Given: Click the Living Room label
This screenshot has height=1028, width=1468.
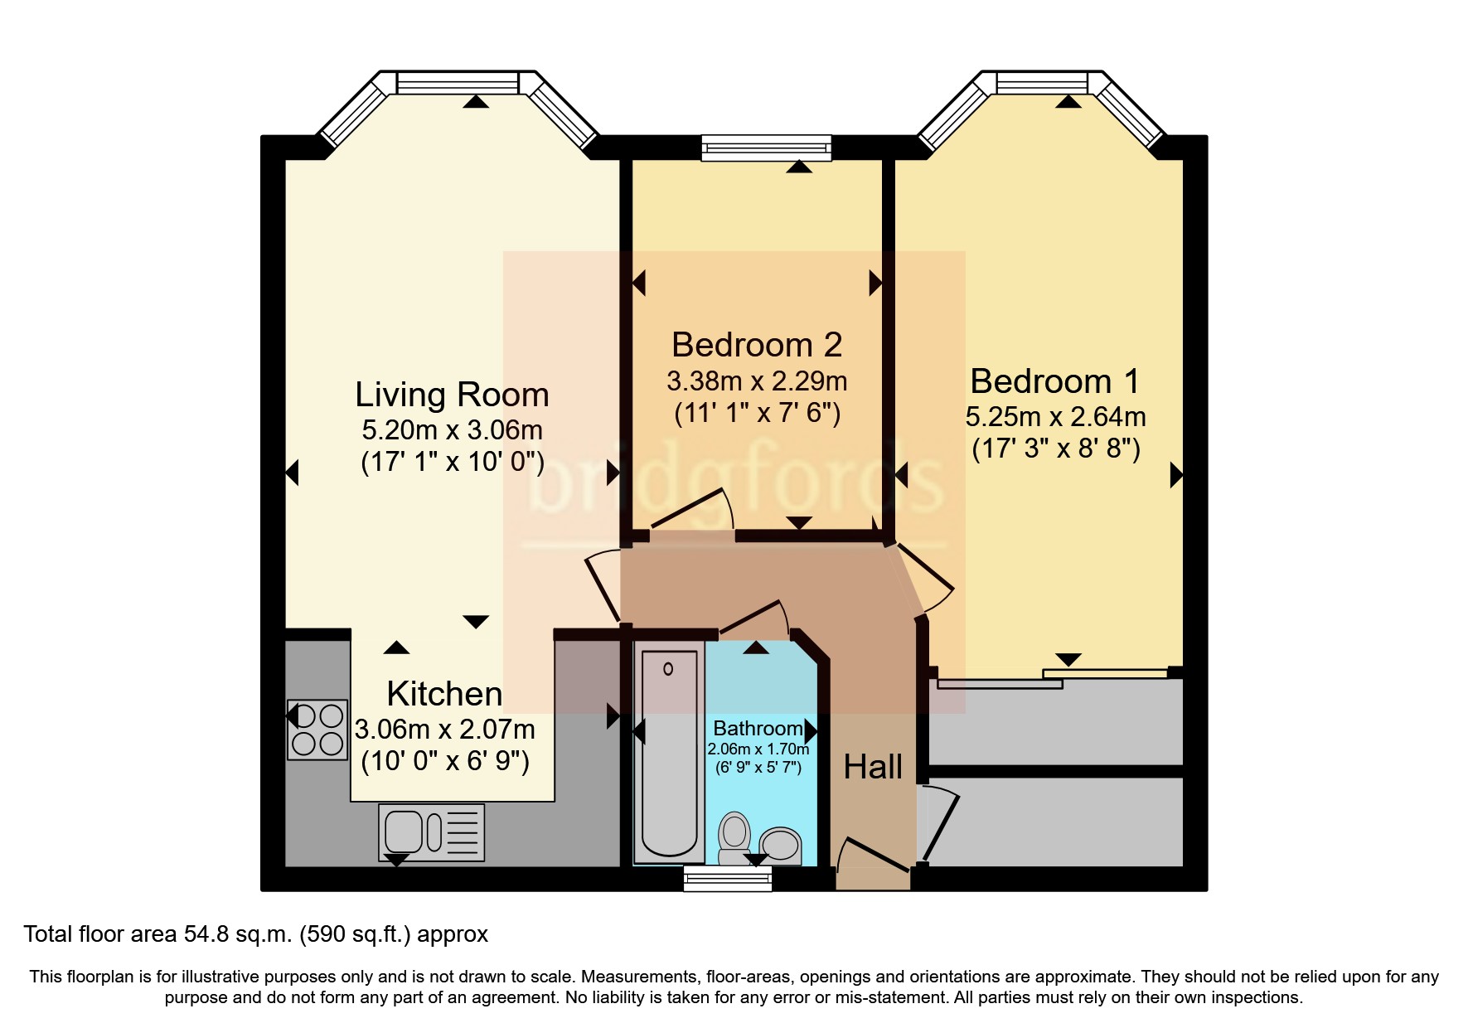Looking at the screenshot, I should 452,395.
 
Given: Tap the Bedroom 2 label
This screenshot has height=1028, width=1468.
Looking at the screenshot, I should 757,345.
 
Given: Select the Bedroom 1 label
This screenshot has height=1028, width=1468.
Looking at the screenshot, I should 1054,381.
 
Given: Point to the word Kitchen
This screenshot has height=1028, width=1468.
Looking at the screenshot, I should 444,694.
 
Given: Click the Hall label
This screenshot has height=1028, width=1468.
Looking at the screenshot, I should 873,767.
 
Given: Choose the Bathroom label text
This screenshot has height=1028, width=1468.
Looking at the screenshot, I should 758,729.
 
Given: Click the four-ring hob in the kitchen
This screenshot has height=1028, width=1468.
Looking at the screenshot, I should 317,730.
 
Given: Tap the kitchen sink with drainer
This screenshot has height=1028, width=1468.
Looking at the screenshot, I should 431,832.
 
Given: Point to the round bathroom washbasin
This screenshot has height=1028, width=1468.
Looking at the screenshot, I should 780,846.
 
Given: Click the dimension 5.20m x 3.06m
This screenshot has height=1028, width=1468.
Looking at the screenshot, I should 452,430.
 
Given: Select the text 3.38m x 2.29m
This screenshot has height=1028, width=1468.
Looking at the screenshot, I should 757,381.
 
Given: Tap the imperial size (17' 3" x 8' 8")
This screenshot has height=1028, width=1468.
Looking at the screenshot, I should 1056,449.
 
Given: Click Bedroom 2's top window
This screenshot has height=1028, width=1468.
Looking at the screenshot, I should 766,148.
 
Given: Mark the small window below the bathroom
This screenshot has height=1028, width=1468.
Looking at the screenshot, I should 728,879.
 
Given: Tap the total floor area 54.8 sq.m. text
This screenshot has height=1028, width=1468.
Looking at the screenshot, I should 255,934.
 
